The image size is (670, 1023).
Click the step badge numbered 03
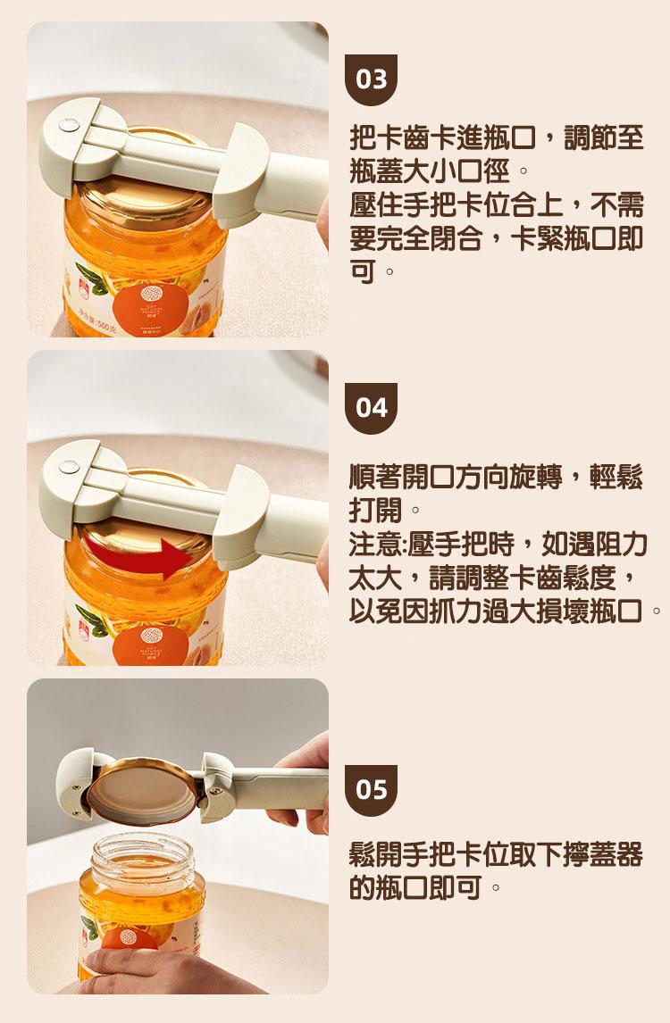(x=371, y=79)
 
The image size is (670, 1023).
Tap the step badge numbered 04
(x=371, y=409)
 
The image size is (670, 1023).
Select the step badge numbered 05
(x=371, y=790)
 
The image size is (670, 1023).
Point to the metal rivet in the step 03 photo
(x=68, y=123)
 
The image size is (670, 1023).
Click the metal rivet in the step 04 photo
(x=68, y=466)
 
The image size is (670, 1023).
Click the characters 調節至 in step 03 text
(x=603, y=137)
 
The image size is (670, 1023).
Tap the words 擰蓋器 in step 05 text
(x=603, y=854)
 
